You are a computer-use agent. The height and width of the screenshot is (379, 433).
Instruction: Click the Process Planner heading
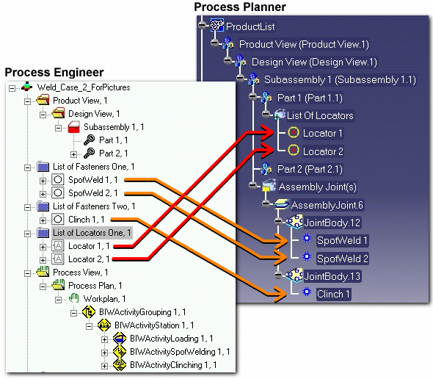pyautogui.click(x=240, y=7)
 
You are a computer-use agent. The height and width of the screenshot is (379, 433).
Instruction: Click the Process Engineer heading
pyautogui.click(x=54, y=73)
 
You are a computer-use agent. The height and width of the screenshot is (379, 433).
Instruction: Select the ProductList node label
pyautogui.click(x=250, y=26)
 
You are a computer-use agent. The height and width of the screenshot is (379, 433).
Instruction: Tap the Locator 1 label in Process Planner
pyautogui.click(x=322, y=133)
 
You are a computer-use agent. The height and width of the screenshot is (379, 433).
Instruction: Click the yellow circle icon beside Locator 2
pyautogui.click(x=294, y=151)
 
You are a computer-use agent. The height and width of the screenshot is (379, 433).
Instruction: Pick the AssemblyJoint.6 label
pyautogui.click(x=327, y=205)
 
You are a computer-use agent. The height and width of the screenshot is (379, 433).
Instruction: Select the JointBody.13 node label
pyautogui.click(x=332, y=276)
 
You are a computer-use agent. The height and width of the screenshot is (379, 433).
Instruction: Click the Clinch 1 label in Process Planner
pyautogui.click(x=333, y=294)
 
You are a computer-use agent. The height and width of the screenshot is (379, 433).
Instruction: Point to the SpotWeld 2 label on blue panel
pyautogui.click(x=343, y=259)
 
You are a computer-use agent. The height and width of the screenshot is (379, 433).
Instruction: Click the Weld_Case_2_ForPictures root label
pyautogui.click(x=84, y=87)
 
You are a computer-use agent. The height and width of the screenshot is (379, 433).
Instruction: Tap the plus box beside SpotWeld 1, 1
pyautogui.click(x=43, y=181)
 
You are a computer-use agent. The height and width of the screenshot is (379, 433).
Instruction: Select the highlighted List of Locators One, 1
pyautogui.click(x=92, y=233)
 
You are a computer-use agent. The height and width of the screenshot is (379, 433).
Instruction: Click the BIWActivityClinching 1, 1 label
pyautogui.click(x=173, y=365)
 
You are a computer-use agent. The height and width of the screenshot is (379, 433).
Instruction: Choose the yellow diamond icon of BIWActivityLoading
pyautogui.click(x=120, y=338)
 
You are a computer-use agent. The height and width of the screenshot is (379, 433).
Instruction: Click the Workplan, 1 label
pyautogui.click(x=105, y=299)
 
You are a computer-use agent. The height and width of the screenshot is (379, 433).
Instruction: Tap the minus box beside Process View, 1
pyautogui.click(x=27, y=273)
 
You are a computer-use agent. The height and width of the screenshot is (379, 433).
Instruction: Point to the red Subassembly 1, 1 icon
pyautogui.click(x=73, y=127)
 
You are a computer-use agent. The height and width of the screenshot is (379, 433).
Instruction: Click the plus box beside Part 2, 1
pyautogui.click(x=73, y=154)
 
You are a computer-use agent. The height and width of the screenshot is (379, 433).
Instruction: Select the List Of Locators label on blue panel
pyautogui.click(x=320, y=115)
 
